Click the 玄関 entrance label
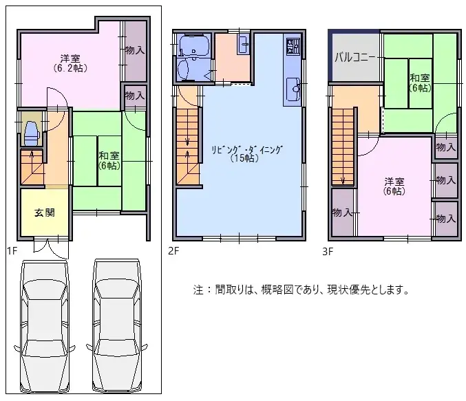[x=44, y=212]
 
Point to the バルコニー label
[x=355, y=57]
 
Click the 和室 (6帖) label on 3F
[x=419, y=83]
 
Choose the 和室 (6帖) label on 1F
[x=109, y=160]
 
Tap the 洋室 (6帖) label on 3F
[x=394, y=186]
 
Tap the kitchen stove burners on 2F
[x=293, y=48]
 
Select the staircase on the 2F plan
[x=188, y=141]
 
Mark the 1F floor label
[x=12, y=250]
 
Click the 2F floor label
[x=173, y=250]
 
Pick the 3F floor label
[x=328, y=250]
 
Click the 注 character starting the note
[x=198, y=290]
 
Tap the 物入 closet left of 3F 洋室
[x=342, y=212]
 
